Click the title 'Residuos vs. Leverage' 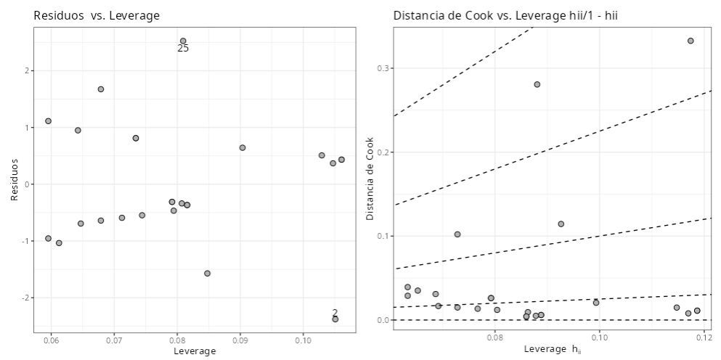tap(97, 15)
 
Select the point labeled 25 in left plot tap(183, 41)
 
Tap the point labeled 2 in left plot tap(335, 319)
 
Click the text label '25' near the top tap(183, 49)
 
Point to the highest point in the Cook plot tap(691, 41)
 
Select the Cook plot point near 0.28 tap(537, 84)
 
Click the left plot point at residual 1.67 tap(101, 89)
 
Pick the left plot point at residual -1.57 tap(207, 274)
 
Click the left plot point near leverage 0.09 tap(243, 147)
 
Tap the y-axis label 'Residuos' tap(15, 180)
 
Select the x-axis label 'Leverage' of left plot tap(195, 351)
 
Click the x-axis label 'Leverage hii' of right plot tap(552, 350)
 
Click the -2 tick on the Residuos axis tap(26, 298)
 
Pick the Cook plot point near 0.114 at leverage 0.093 tap(561, 224)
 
